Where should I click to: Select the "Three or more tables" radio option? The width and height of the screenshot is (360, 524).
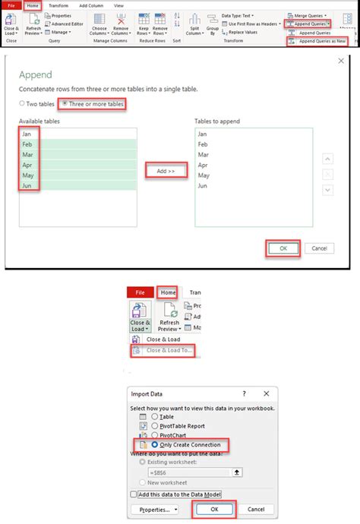click(x=65, y=103)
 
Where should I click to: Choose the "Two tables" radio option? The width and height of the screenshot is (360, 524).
click(x=23, y=103)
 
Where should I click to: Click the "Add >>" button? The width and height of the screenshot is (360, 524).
click(x=166, y=172)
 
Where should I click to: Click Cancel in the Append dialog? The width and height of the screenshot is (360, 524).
click(x=319, y=248)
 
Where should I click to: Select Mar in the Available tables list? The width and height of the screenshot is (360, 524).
click(x=27, y=154)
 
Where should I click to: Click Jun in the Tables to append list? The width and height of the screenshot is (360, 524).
click(x=202, y=185)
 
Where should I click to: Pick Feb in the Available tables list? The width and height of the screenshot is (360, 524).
click(x=27, y=144)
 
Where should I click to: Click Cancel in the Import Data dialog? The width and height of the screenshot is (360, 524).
click(x=256, y=510)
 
